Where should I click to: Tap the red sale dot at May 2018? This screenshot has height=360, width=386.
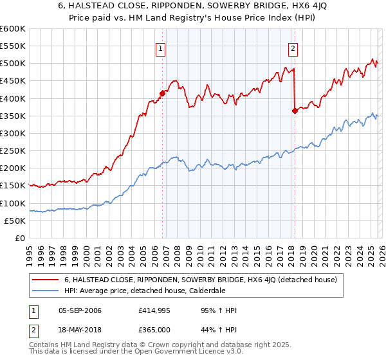[x=295, y=111]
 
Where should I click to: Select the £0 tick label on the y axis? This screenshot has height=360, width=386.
[x=19, y=238]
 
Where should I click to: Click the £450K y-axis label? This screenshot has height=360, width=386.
[x=12, y=81]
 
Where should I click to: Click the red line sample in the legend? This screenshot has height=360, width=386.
[x=45, y=280]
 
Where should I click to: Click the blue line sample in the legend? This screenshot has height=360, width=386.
[x=45, y=291]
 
